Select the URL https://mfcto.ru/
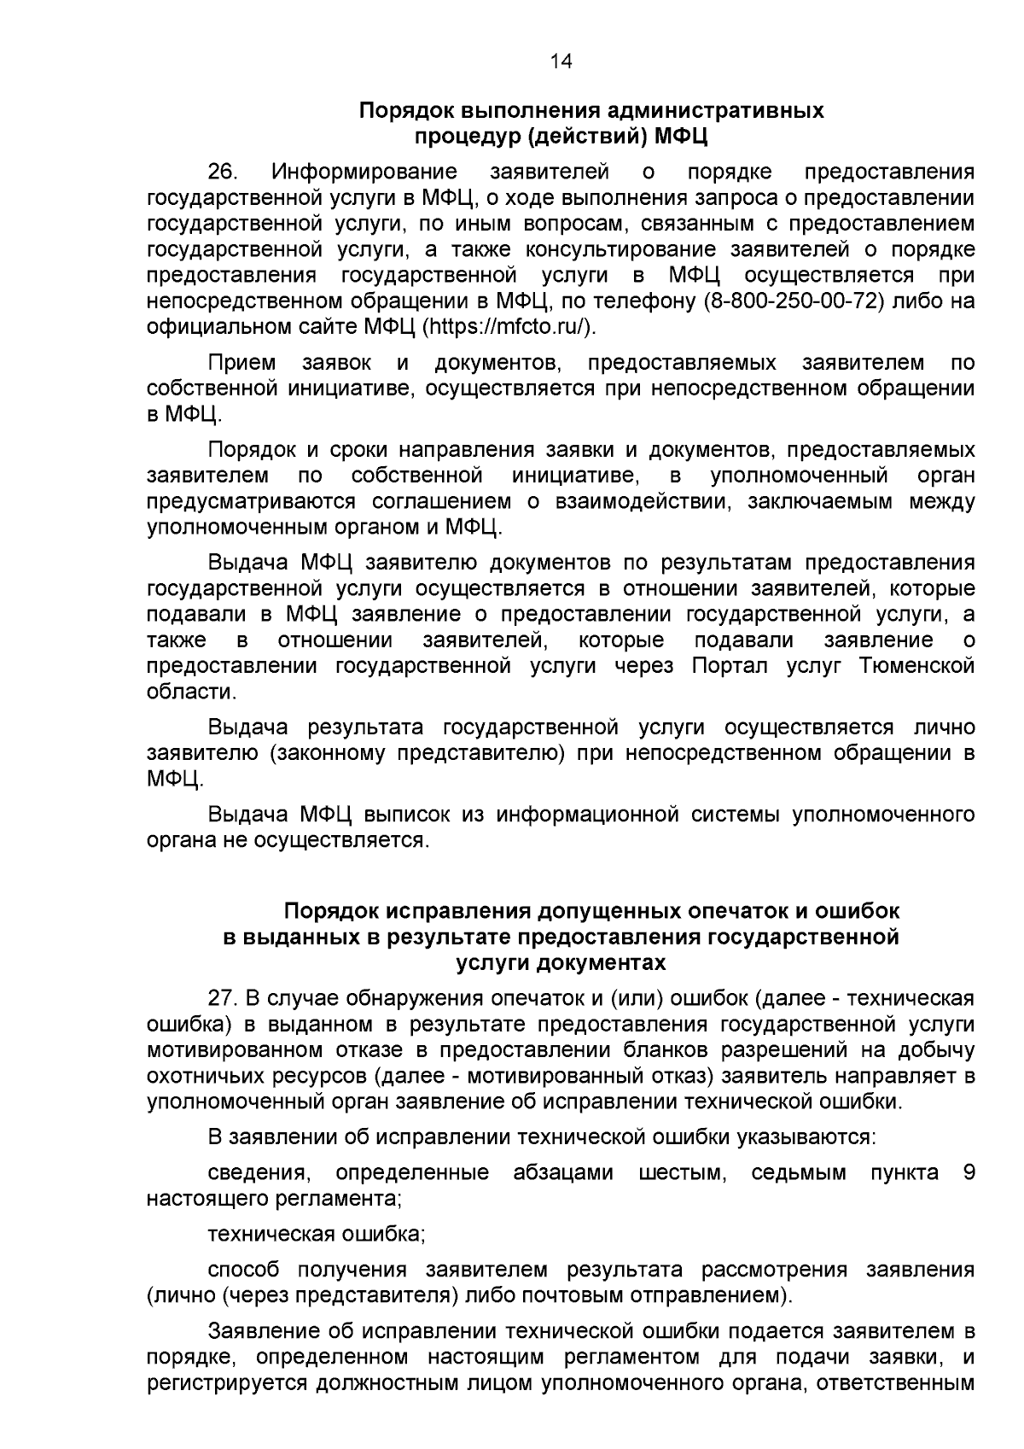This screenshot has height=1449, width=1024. pyautogui.click(x=509, y=328)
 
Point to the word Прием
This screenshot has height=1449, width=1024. pyautogui.click(x=241, y=363)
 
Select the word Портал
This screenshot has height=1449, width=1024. pyautogui.click(x=728, y=666)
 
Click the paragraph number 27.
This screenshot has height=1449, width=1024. pyautogui.click(x=221, y=998)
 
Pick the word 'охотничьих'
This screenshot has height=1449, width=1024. pyautogui.click(x=198, y=1076)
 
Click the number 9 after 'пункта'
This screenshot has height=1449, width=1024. pyautogui.click(x=968, y=1172)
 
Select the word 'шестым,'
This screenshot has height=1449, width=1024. pyautogui.click(x=683, y=1172)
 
